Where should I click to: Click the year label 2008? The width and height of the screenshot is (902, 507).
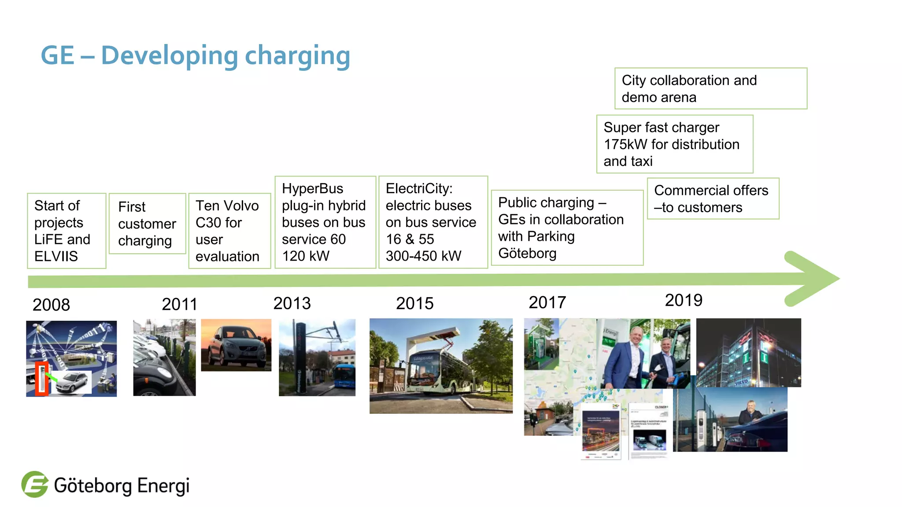(51, 305)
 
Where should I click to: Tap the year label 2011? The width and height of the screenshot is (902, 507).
(179, 304)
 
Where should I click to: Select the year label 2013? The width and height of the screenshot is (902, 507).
(292, 303)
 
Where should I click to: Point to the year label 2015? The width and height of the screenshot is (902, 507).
(414, 303)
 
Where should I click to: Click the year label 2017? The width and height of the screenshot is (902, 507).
(547, 302)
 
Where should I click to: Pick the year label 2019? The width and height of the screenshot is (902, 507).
(683, 300)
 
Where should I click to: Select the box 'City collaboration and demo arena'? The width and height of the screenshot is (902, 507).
(710, 88)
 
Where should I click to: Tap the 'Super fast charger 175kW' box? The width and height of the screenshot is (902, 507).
(674, 144)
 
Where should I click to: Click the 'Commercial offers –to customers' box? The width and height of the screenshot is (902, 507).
(713, 198)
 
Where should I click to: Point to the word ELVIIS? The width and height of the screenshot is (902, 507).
(56, 256)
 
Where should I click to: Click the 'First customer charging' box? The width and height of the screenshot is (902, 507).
(147, 224)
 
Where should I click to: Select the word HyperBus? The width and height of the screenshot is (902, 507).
(312, 188)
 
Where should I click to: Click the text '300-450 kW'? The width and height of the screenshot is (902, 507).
(423, 256)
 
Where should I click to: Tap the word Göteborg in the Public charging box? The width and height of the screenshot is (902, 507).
(527, 253)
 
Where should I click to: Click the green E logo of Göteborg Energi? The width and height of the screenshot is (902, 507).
(35, 485)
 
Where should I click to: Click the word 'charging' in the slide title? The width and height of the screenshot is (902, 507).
(297, 56)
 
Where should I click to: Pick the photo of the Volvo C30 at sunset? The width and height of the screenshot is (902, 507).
(236, 345)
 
